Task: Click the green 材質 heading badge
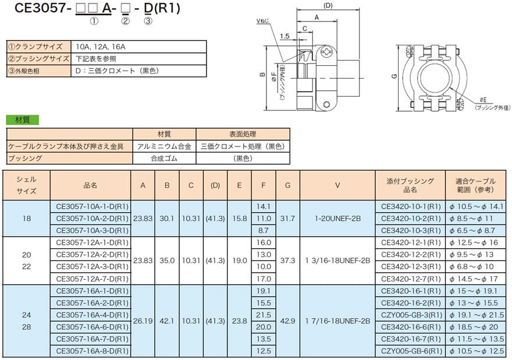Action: [22, 120]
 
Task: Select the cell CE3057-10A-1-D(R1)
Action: [91, 206]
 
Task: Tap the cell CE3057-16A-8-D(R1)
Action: [91, 351]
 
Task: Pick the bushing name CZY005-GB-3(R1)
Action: [411, 315]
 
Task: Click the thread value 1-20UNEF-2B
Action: [337, 219]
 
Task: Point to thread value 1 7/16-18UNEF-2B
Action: [337, 321]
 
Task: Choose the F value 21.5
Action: [264, 315]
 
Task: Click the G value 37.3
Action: [287, 261]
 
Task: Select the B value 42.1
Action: [168, 321]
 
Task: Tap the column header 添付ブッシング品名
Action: [411, 186]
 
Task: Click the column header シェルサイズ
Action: [26, 186]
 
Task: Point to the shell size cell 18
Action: [26, 219]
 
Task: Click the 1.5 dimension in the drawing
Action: [284, 37]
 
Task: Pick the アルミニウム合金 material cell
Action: [165, 147]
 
